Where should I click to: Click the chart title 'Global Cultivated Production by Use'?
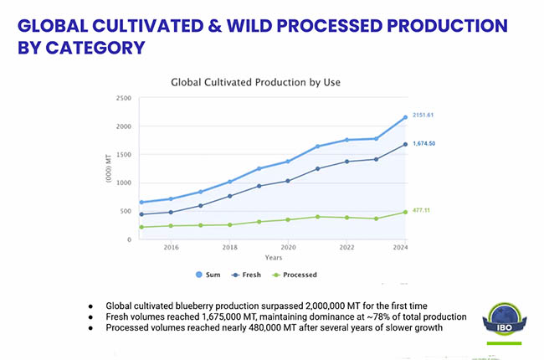pos(255,82)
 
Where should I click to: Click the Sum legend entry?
pos(208,274)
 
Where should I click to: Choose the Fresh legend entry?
pos(247,274)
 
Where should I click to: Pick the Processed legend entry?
pos(293,274)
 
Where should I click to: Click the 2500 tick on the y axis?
pos(123,99)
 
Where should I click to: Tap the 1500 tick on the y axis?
pos(123,155)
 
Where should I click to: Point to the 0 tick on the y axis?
pos(128,239)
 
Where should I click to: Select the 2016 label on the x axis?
pos(171,248)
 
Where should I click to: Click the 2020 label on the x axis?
pos(289,248)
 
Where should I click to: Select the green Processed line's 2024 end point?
pos(405,212)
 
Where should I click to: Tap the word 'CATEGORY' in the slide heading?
pos(83,48)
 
